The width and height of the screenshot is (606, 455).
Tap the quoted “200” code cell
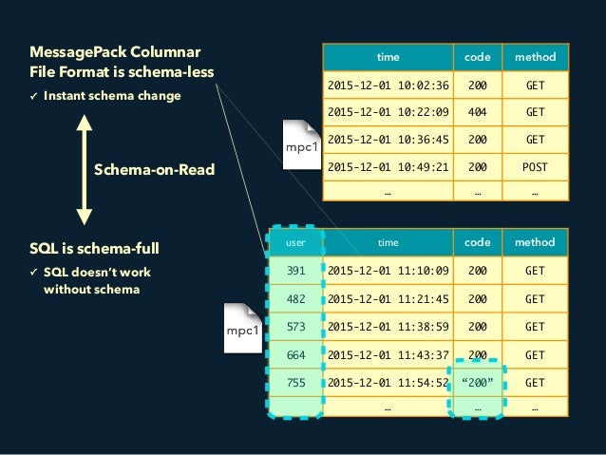(x=477, y=383)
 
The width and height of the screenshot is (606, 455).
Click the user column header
(x=295, y=243)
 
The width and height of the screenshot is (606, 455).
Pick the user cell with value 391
(x=295, y=271)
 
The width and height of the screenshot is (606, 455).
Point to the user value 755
(x=295, y=383)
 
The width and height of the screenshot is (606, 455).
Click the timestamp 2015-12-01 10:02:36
(x=388, y=84)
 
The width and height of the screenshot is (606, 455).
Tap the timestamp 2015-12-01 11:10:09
(x=388, y=271)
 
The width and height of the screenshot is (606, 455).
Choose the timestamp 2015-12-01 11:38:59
(x=388, y=327)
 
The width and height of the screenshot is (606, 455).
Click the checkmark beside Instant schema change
(x=34, y=96)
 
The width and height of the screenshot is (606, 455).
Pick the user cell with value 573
(x=295, y=327)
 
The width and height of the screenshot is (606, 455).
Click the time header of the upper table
(x=388, y=57)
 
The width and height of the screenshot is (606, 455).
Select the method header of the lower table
(x=535, y=243)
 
